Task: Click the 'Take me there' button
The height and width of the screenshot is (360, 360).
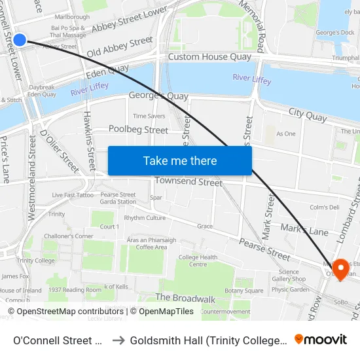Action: (x=179, y=161)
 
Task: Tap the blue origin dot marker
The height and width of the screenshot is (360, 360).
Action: (x=20, y=40)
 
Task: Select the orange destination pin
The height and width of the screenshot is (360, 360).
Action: (x=340, y=268)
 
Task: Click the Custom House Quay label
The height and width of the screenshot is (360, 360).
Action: (x=209, y=57)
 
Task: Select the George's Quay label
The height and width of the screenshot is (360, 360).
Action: (x=158, y=96)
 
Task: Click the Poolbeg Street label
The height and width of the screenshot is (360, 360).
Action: (x=138, y=130)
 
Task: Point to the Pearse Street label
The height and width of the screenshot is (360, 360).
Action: (x=264, y=249)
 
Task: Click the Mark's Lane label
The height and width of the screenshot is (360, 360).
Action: (x=304, y=230)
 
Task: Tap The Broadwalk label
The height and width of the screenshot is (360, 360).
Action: (x=185, y=298)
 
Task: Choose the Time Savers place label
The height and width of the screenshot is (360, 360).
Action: (x=149, y=116)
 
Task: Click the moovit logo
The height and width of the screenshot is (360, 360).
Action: (x=321, y=339)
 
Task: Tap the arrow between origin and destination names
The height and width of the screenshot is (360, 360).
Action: (x=118, y=340)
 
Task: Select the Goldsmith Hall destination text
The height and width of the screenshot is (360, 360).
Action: (x=207, y=340)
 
